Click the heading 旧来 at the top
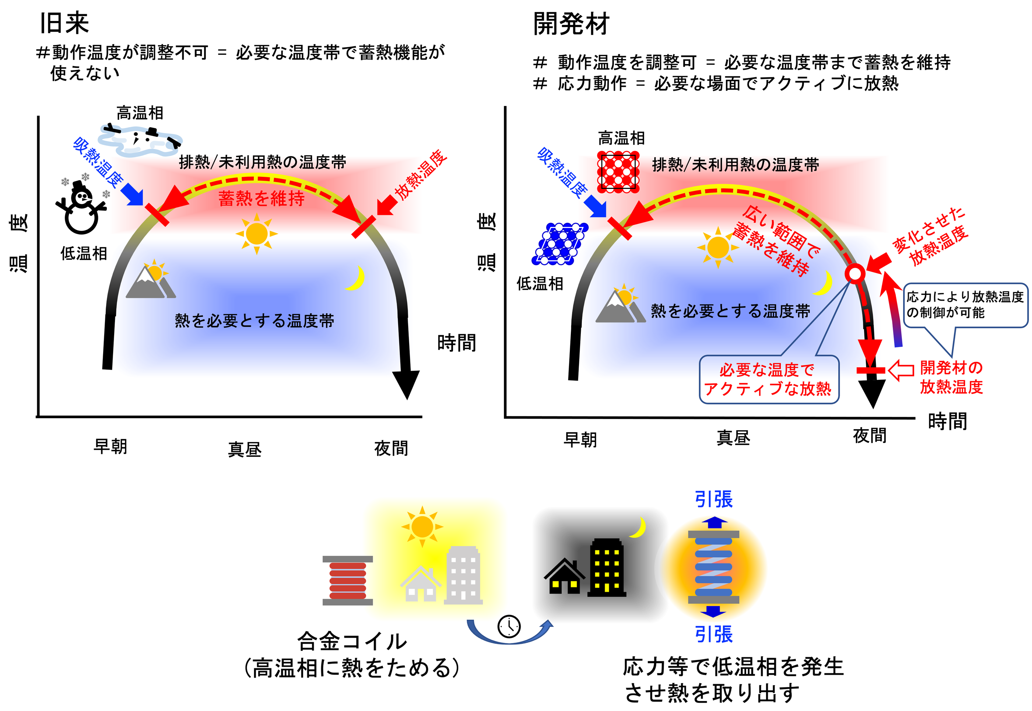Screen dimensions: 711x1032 (64, 23)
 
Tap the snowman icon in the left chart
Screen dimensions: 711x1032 (81, 209)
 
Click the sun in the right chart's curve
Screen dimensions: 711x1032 (717, 247)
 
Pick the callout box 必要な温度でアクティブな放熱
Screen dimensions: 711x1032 (768, 379)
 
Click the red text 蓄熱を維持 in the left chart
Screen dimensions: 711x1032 (261, 198)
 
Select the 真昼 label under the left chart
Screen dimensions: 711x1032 (245, 449)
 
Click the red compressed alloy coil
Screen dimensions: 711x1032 (347, 581)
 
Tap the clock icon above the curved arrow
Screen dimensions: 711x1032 (509, 626)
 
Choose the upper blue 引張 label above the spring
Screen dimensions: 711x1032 (713, 500)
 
